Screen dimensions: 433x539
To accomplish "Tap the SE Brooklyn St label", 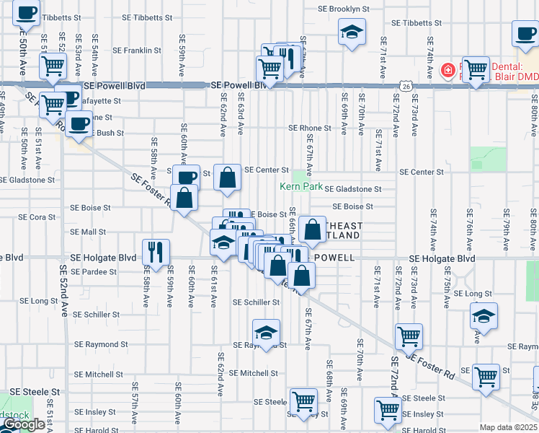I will (x=344, y=9).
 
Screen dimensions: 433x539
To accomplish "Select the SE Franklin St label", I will (x=136, y=51).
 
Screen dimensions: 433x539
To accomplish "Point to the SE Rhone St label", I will (x=309, y=128).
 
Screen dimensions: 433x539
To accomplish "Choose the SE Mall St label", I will (x=88, y=232).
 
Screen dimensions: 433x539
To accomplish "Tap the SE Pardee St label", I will (x=93, y=272).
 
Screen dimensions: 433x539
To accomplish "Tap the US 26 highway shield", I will (x=408, y=87).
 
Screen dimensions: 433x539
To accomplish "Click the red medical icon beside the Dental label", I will (x=447, y=71).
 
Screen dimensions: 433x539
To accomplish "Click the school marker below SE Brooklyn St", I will (x=352, y=32).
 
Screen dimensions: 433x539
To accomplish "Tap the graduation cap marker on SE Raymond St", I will (x=266, y=333).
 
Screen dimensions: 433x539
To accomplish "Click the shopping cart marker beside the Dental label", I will (x=476, y=69).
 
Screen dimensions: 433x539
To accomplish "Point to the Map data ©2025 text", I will (x=508, y=427).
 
